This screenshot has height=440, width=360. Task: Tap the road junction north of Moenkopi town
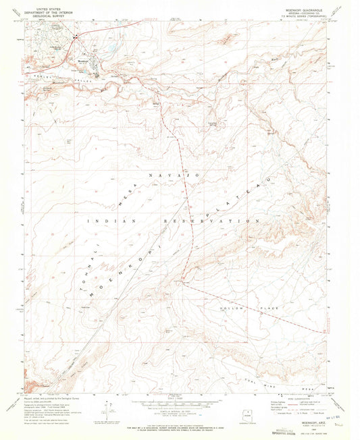click(x=76, y=36)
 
